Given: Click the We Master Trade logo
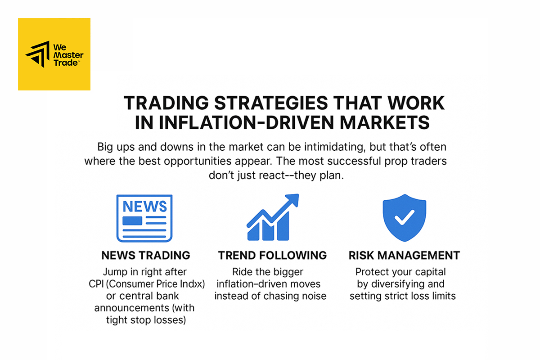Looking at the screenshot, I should click(x=54, y=54).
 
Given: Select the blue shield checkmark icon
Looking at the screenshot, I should click(x=404, y=218).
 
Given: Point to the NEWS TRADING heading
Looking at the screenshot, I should click(x=145, y=256).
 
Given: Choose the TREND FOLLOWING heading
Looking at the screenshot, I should click(x=272, y=256).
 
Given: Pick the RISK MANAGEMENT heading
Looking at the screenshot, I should click(x=404, y=256).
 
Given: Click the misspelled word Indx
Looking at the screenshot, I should click(x=192, y=284).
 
